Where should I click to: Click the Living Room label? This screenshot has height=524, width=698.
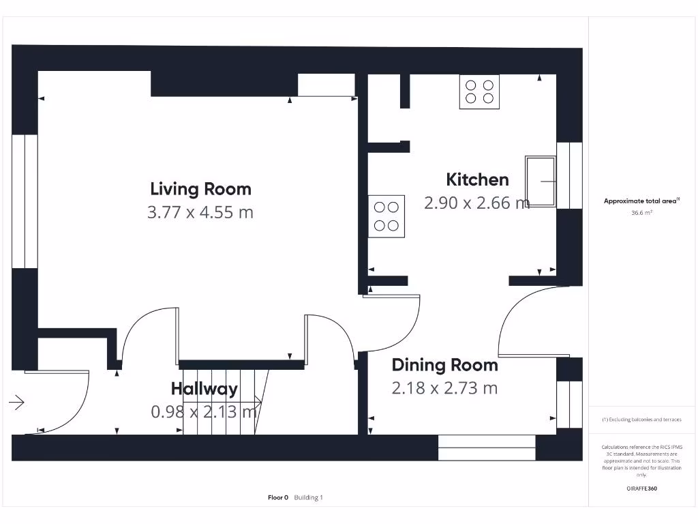tap(200, 189)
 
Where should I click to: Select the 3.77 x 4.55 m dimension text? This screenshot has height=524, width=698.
tap(200, 212)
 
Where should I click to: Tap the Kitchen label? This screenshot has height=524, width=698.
tap(477, 179)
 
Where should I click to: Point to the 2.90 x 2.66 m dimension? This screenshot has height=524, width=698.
tap(476, 203)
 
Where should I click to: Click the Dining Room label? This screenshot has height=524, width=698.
tap(444, 365)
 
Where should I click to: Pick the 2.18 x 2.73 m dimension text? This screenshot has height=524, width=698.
tap(444, 388)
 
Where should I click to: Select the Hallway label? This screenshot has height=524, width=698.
tap(204, 389)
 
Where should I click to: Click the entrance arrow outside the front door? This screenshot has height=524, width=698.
tap(17, 403)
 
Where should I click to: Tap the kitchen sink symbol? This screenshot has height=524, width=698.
tap(541, 181)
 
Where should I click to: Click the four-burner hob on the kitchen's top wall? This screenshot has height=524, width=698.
tap(480, 91)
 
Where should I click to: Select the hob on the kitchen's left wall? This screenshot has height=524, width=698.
tap(386, 216)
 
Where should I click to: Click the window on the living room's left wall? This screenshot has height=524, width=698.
tap(24, 201)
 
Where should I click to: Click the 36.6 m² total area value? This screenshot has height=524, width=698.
tap(641, 213)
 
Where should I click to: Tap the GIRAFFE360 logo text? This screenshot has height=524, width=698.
tap(641, 489)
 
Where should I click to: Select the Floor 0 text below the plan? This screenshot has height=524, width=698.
tap(278, 497)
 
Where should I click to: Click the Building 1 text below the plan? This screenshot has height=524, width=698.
tap(309, 497)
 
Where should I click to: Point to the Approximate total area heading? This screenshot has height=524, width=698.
tap(641, 201)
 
